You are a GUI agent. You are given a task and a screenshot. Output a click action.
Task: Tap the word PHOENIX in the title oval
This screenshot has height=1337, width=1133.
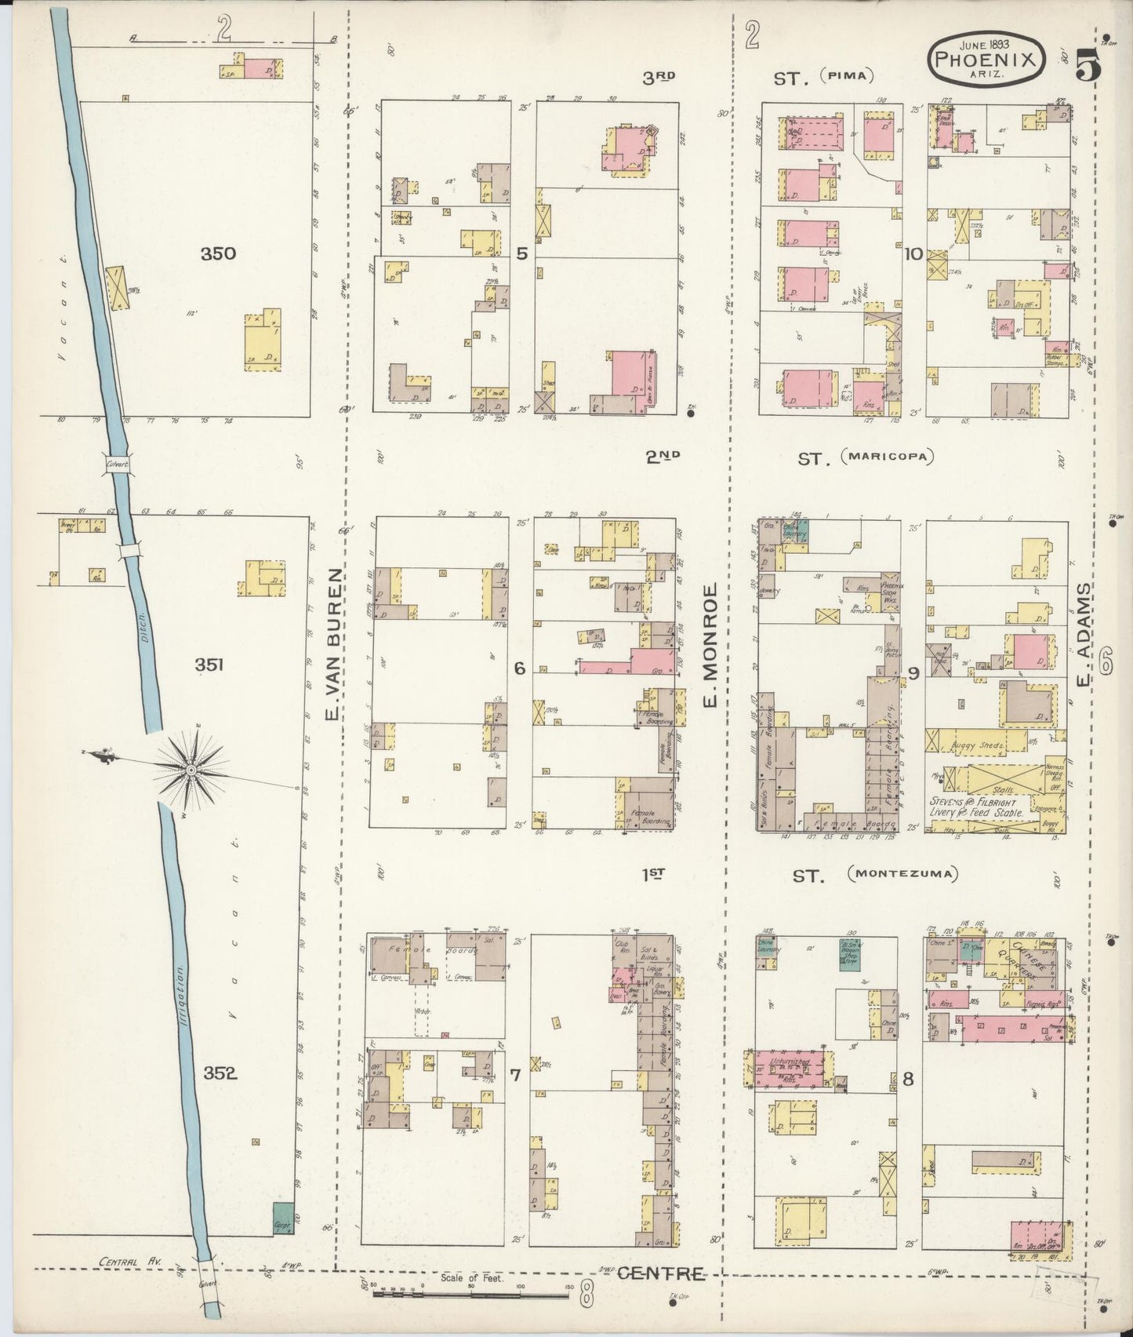pos(986,58)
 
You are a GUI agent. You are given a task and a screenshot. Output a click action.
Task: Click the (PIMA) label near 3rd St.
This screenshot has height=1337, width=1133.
pos(847,76)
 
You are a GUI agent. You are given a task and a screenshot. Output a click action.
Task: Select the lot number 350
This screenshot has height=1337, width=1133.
pos(217,253)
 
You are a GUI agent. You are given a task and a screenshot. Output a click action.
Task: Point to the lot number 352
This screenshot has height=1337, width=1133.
pos(219,1073)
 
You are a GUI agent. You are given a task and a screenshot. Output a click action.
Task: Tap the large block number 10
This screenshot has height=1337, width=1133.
pos(912,253)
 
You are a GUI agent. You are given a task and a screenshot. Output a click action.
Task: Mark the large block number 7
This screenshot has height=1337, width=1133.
pos(514,1075)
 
